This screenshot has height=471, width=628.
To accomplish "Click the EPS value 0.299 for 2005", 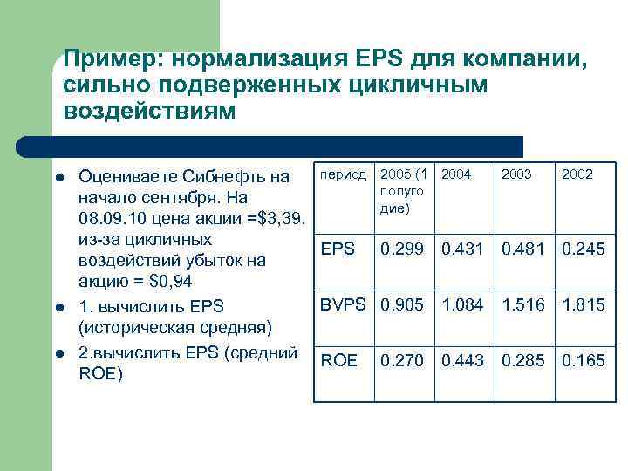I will pyautogui.click(x=403, y=249).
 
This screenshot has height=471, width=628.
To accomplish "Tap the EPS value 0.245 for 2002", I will pyautogui.click(x=584, y=249).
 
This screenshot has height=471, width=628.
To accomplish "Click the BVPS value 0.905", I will pyautogui.click(x=403, y=305).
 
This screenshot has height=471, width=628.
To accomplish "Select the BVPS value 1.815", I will pyautogui.click(x=584, y=305).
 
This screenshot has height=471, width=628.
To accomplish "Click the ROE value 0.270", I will pyautogui.click(x=403, y=361).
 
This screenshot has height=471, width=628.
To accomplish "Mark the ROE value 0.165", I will pyautogui.click(x=584, y=361).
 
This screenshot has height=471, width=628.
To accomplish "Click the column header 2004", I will pyautogui.click(x=457, y=174).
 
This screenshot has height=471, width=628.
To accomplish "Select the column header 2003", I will pyautogui.click(x=516, y=174).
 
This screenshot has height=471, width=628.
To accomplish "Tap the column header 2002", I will pyautogui.click(x=577, y=174).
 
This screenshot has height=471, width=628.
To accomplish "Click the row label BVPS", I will pyautogui.click(x=344, y=305).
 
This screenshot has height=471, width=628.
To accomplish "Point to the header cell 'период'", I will pyautogui.click(x=343, y=174).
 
